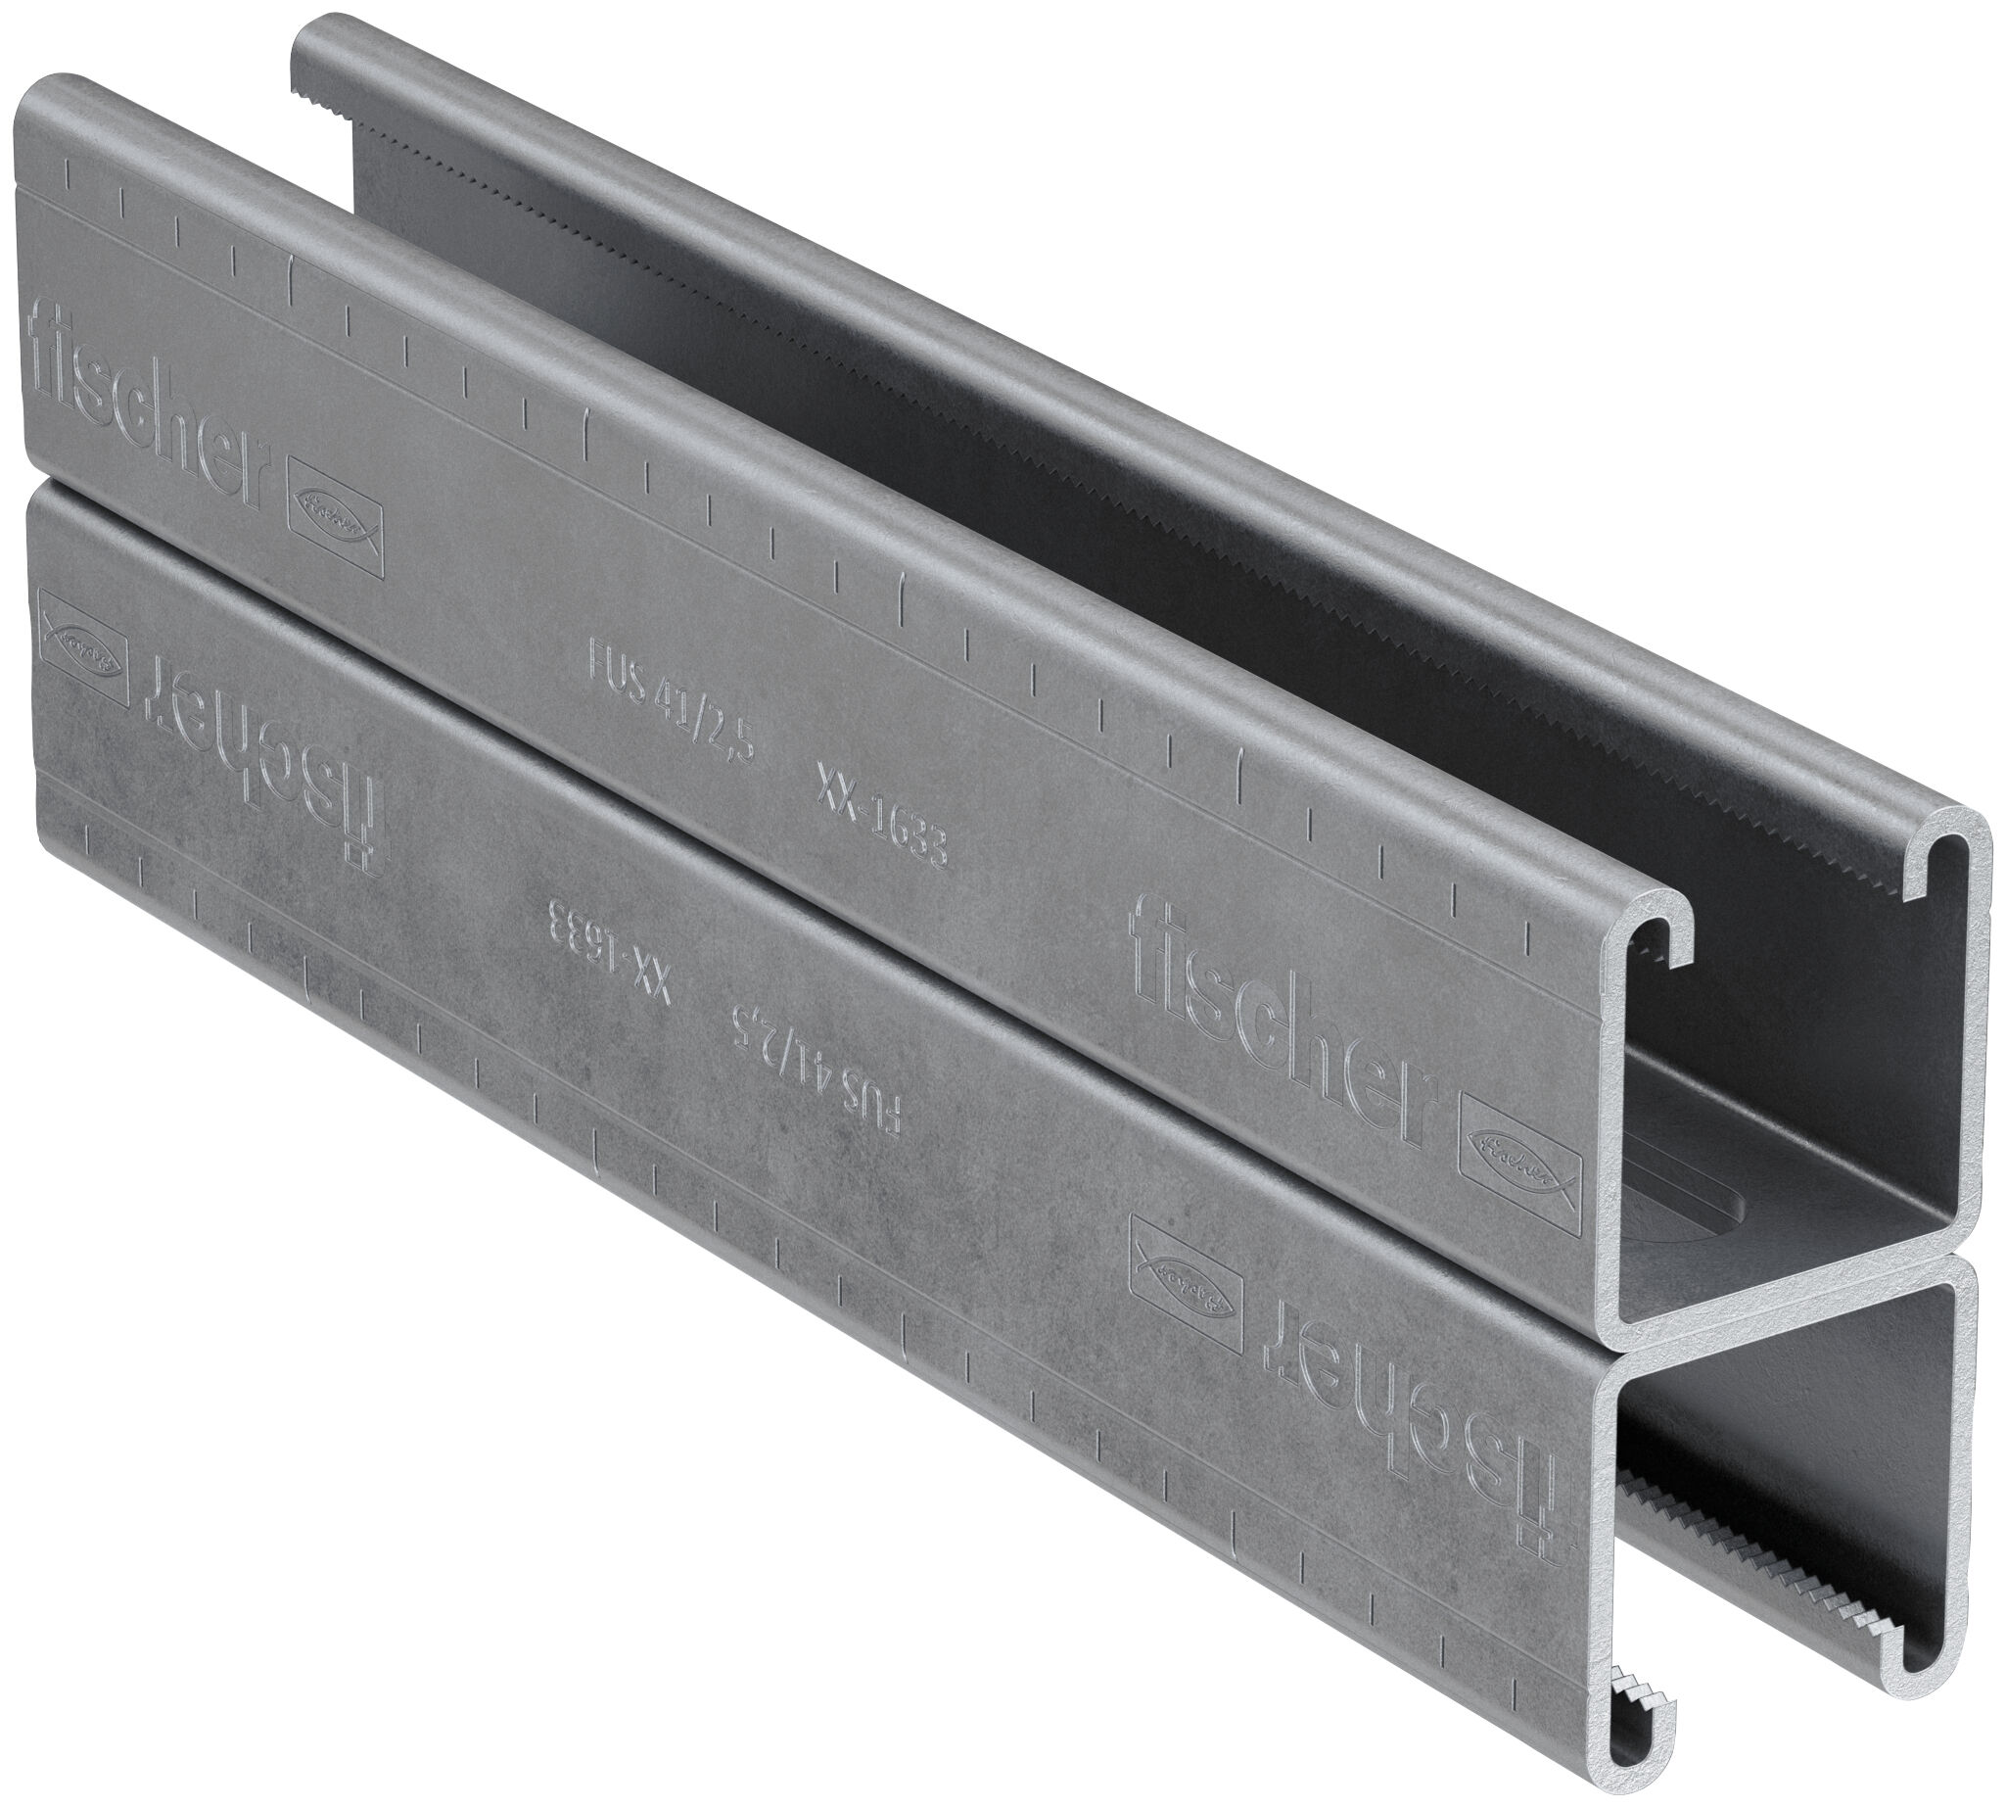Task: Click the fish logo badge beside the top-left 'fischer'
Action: (335, 531)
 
